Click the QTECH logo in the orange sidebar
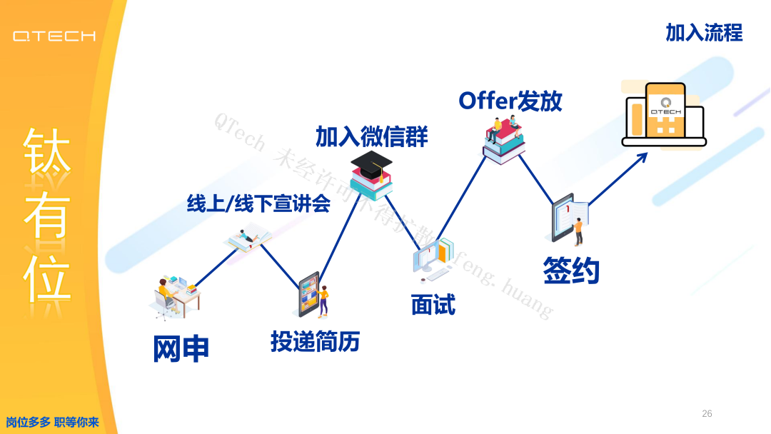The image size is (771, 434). click(x=54, y=36)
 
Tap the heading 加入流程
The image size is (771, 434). click(x=704, y=33)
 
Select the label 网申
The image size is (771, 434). click(x=181, y=348)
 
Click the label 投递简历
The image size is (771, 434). click(x=315, y=342)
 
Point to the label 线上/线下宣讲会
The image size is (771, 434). click(x=258, y=204)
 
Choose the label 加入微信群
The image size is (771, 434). click(x=371, y=136)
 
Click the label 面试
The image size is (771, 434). click(x=433, y=305)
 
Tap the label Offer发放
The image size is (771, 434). click(x=510, y=101)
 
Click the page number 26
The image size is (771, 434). click(x=707, y=413)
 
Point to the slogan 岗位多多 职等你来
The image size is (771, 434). click(x=52, y=422)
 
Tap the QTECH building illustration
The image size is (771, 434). click(x=664, y=114)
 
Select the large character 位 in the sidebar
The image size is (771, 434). click(x=47, y=276)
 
